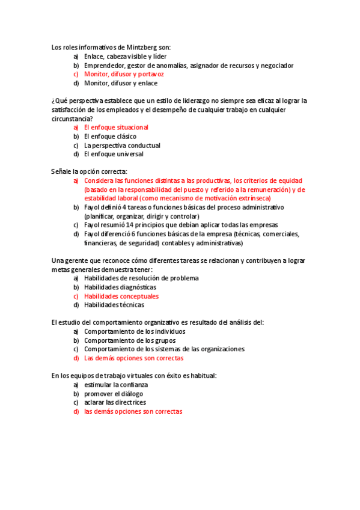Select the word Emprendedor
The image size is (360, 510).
point(104,65)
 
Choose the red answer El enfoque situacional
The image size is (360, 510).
point(116,127)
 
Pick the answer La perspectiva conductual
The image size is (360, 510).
point(122,145)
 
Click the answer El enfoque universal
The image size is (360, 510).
point(114,154)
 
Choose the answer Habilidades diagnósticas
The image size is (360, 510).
point(120,287)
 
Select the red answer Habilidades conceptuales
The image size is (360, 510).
point(121,296)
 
